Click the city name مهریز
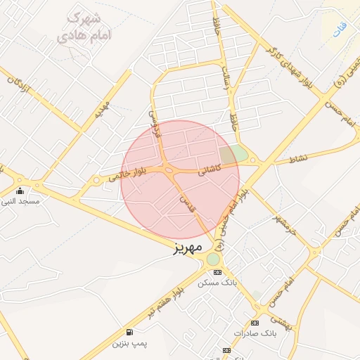tap(188, 247)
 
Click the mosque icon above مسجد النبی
tap(20, 191)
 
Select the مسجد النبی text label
tap(20, 201)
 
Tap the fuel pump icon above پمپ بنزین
tap(129, 332)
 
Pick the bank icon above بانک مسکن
tap(217, 272)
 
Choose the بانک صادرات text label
tap(252, 333)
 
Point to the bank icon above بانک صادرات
tap(254, 323)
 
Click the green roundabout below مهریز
tap(213, 259)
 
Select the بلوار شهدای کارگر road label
tap(288, 71)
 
